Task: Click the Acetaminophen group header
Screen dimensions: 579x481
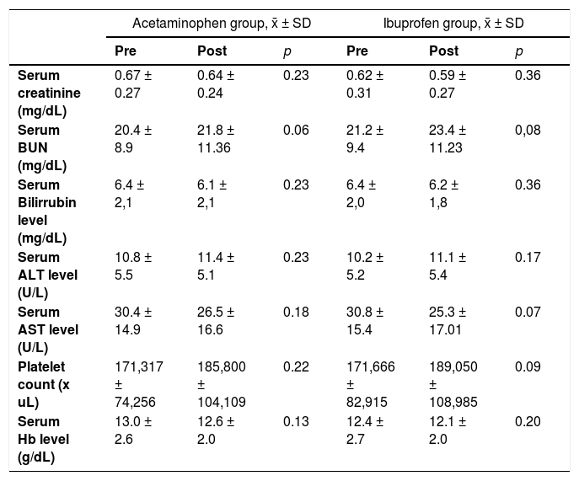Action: (x=222, y=24)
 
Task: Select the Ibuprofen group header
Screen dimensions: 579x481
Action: (x=453, y=24)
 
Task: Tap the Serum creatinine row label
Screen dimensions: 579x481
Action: (x=49, y=93)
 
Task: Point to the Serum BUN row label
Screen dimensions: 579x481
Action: (x=42, y=147)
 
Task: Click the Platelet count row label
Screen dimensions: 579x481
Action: (x=44, y=384)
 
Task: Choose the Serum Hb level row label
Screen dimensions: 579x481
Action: (x=43, y=439)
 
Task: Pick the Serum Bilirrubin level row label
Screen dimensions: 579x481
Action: (x=47, y=211)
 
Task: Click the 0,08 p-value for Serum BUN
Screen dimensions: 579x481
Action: (x=528, y=130)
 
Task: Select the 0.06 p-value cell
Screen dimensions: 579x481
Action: (x=296, y=130)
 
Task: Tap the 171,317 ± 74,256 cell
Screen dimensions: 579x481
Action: (x=139, y=384)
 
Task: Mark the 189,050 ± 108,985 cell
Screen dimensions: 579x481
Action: (x=453, y=384)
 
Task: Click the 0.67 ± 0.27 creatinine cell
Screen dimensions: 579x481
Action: (x=133, y=84)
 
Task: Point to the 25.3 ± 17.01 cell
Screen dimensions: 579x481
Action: (x=448, y=321)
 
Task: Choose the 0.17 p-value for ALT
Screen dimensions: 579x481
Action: (x=528, y=257)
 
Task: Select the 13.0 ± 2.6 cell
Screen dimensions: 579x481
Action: (x=133, y=430)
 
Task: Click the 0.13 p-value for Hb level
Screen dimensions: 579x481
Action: (x=296, y=421)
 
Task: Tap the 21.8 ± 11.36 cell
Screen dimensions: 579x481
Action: (x=216, y=139)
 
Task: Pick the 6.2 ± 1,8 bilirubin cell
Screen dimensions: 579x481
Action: (x=444, y=194)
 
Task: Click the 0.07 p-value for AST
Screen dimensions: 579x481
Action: (x=528, y=312)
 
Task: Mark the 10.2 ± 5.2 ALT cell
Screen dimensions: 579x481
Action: (x=365, y=266)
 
